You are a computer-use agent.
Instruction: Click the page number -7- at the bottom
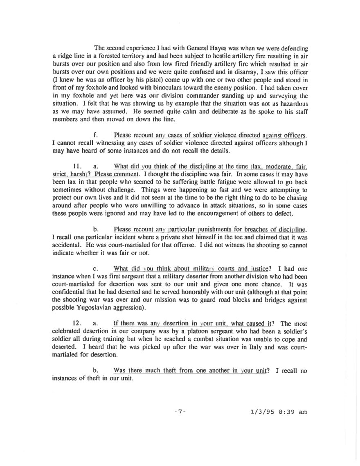pos(180,412)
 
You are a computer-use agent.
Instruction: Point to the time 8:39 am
pos(292,412)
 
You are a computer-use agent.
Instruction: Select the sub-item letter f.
pos(95,135)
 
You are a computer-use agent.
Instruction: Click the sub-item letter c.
pos(95,269)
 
